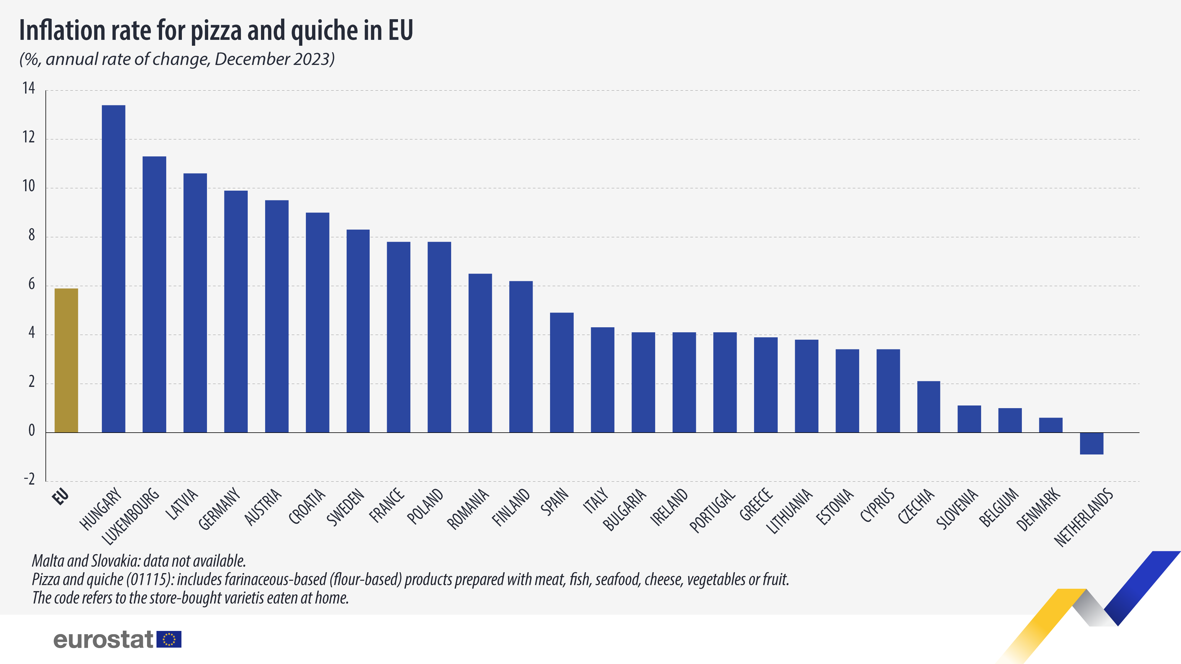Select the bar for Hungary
pos(113,269)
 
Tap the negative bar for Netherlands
pos(1091,443)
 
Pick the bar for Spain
pos(562,372)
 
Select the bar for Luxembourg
pos(154,294)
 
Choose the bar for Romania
pos(480,353)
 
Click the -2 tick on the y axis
pos(29,479)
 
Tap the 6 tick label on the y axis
pos(31,284)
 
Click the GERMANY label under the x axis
pos(219,509)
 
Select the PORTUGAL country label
pos(712,511)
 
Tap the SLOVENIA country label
pos(957,509)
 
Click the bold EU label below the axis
pos(61,497)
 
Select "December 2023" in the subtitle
pos(274,59)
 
